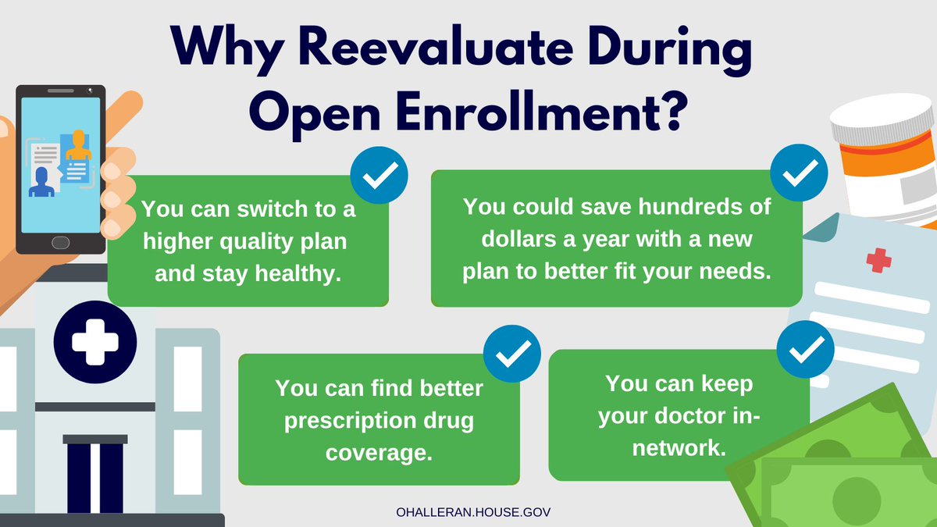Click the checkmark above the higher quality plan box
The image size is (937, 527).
[x=379, y=177]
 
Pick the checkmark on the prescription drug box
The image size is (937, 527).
[x=512, y=356]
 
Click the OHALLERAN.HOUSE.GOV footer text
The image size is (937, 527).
[x=465, y=512]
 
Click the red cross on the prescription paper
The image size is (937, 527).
[x=879, y=259]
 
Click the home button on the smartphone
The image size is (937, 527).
[x=60, y=242]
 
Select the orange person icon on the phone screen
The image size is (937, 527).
[x=78, y=144]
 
